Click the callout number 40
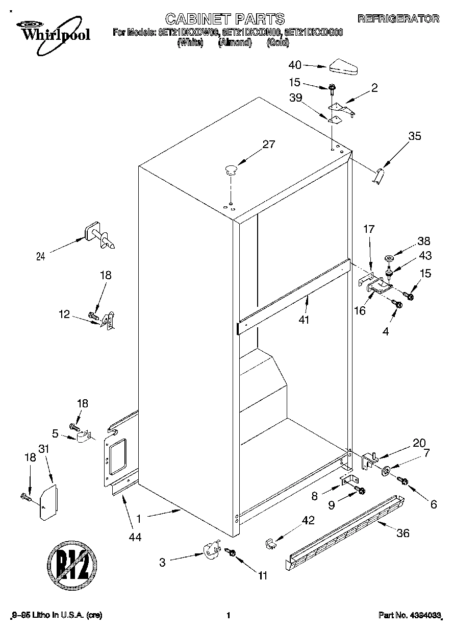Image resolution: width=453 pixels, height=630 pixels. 295,65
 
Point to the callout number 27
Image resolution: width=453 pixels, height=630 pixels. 268,144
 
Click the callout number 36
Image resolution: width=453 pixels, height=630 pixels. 403,534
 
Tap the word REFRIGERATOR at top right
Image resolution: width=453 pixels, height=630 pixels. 398,19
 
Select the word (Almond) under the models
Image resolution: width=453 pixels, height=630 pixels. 235,43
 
